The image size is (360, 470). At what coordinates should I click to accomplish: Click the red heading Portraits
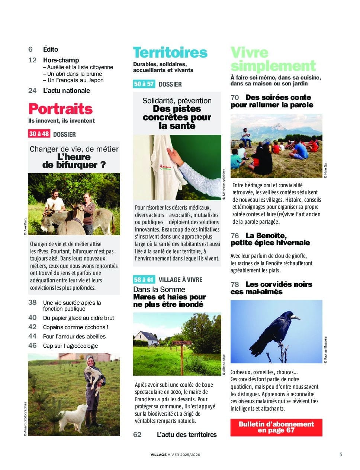pyautogui.click(x=60, y=109)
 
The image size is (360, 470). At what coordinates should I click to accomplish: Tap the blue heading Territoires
pyautogui.click(x=170, y=52)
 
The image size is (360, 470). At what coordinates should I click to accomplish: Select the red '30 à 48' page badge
pyautogui.click(x=39, y=134)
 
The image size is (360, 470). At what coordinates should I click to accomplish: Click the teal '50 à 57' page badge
pyautogui.click(x=144, y=84)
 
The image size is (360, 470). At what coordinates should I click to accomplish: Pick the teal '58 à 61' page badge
pyautogui.click(x=144, y=279)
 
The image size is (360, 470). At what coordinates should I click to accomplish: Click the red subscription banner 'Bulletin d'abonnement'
pyautogui.click(x=276, y=427)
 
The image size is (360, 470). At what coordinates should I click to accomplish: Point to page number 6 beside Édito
pyautogui.click(x=30, y=49)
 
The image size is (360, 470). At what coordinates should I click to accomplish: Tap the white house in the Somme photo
pyautogui.click(x=147, y=337)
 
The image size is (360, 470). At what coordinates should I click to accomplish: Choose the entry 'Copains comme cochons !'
pyautogui.click(x=75, y=327)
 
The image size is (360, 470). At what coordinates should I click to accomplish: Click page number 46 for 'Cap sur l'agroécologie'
pyautogui.click(x=32, y=346)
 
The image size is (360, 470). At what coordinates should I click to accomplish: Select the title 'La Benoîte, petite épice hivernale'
pyautogui.click(x=270, y=239)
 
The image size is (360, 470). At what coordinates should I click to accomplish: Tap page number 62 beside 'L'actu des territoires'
pyautogui.click(x=137, y=434)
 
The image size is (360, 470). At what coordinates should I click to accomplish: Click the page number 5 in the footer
pyautogui.click(x=341, y=454)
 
